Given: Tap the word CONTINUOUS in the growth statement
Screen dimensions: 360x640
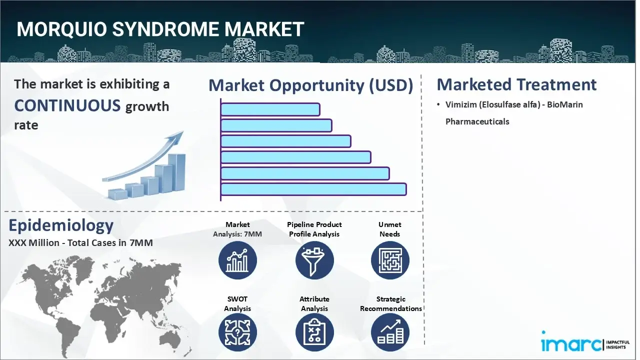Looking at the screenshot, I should pos(67,105).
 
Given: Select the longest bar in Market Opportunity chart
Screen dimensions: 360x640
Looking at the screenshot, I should pos(313,189).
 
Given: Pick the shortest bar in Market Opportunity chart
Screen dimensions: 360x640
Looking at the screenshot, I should pos(270,109).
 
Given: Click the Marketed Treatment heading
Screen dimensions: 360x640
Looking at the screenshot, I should pos(516,84).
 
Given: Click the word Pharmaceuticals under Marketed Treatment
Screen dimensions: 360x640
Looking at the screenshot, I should pos(477,121).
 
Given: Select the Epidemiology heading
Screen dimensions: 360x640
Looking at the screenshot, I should pos(61,226).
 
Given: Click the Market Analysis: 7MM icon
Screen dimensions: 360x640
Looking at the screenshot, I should pos(237,260).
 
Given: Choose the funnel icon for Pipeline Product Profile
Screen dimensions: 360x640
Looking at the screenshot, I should pos(314,260).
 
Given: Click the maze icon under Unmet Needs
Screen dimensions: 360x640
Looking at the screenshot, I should pos(390,260).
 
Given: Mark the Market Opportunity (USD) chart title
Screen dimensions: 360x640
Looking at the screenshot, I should pos(310,85).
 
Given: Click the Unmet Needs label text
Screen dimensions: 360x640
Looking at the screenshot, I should pos(389,229).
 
